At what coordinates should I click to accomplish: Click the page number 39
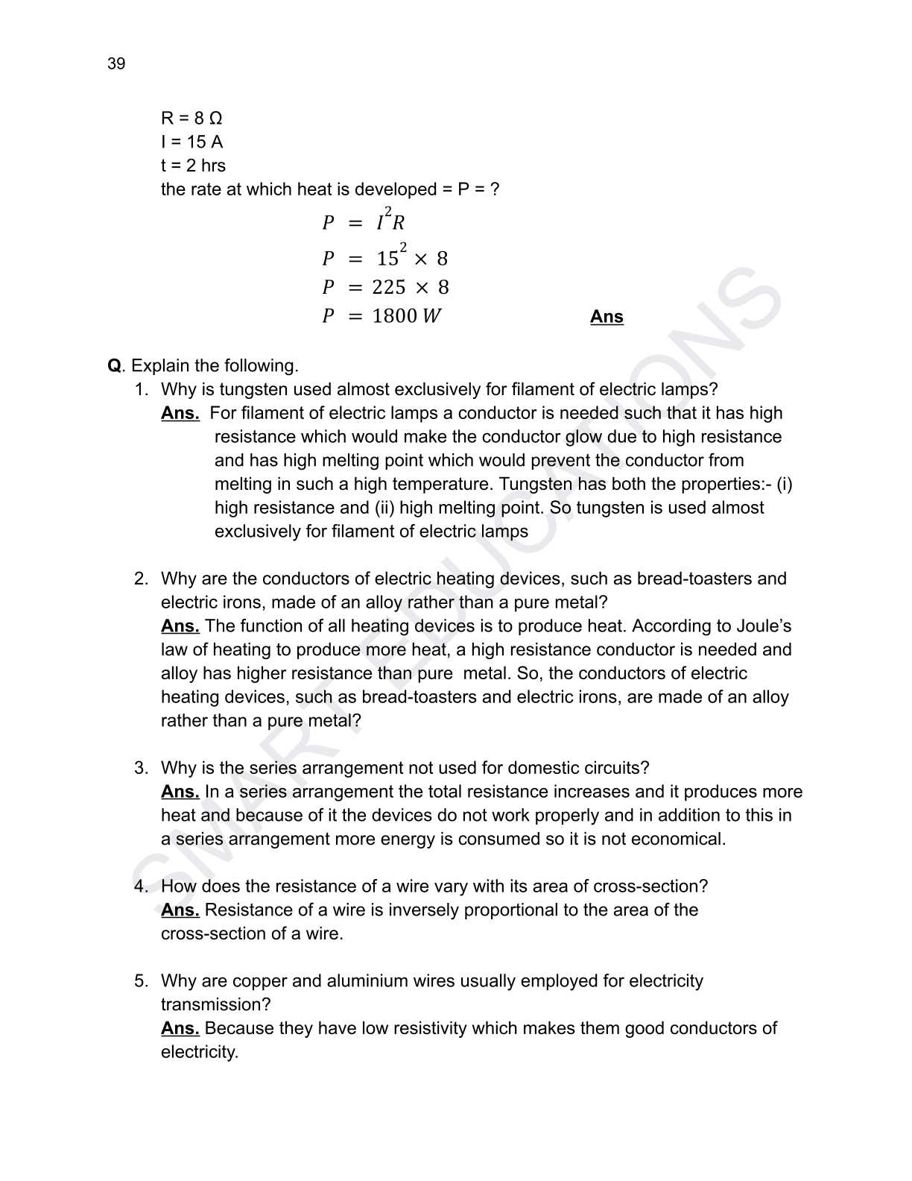click(116, 64)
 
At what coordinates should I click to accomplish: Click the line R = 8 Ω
click(191, 119)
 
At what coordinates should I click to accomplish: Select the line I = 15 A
click(191, 142)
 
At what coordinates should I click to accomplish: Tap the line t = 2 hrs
click(193, 166)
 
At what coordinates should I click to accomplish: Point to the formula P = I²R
click(364, 221)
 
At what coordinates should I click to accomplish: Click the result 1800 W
click(406, 316)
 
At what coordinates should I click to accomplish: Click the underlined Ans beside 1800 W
click(607, 317)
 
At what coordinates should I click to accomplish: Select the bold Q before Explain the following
click(114, 366)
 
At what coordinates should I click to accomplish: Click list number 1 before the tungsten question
click(141, 389)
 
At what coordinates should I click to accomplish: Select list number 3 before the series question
click(141, 768)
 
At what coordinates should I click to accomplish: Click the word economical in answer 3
click(677, 839)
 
